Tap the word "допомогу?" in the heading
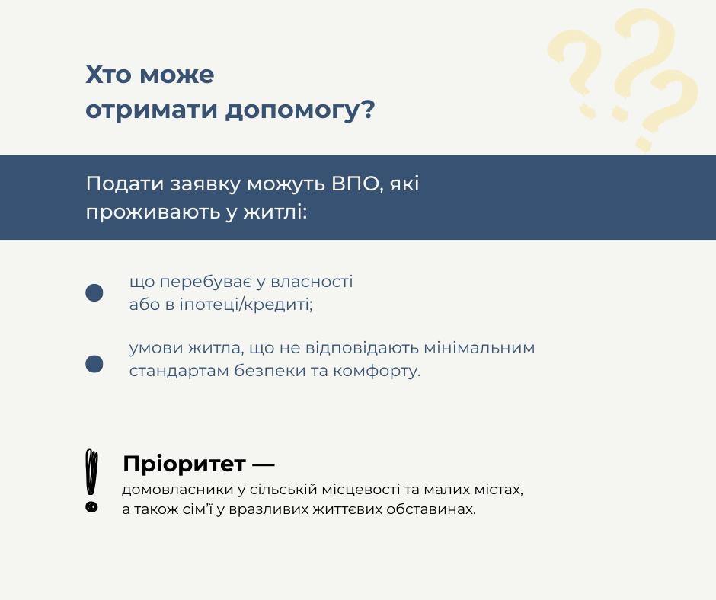pos(300,110)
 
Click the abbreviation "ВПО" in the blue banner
pos(357,184)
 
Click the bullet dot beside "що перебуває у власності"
pos(94,292)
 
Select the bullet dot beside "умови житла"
pos(94,364)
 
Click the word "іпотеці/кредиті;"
pos(246,304)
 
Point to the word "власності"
pos(312,281)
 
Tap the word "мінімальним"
pos(479,348)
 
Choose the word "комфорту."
pos(376,371)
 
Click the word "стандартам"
pos(178,371)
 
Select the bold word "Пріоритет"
pos(184,464)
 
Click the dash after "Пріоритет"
pos(264,465)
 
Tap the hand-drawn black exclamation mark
pos(91,480)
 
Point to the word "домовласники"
pos(177,490)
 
